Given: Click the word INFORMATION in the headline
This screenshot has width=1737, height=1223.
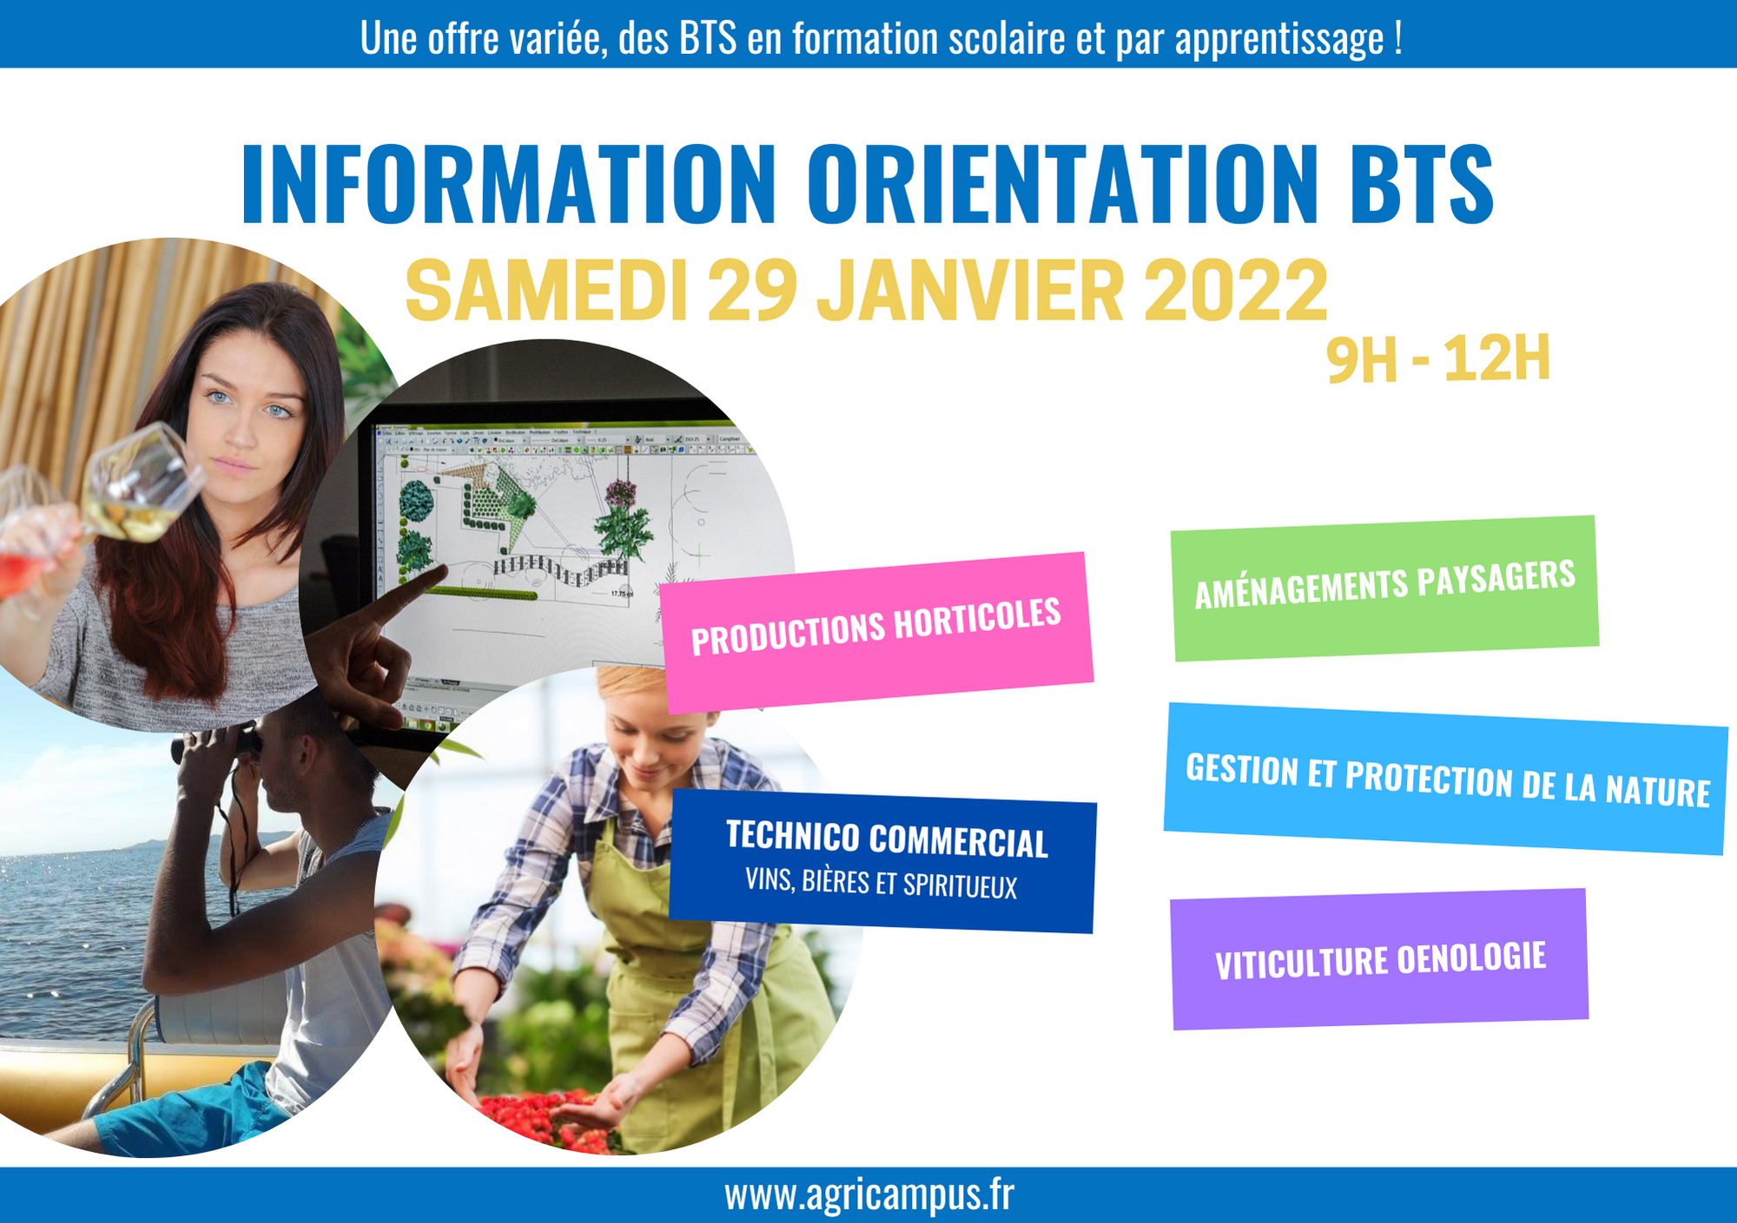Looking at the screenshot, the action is [509, 184].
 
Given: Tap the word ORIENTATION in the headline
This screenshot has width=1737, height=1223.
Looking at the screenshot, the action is [1063, 184].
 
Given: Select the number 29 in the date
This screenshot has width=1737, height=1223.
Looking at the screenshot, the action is [752, 291].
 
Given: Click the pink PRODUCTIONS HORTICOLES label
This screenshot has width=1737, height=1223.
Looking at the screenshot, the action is [876, 632].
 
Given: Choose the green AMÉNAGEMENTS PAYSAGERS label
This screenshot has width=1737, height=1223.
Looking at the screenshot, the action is [1385, 588].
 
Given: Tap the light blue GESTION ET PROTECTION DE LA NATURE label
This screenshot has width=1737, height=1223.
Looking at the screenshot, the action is [1446, 779].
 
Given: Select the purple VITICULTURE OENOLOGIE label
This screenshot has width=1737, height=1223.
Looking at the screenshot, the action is [1380, 959].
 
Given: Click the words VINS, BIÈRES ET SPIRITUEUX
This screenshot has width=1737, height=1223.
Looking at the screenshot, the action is [881, 884].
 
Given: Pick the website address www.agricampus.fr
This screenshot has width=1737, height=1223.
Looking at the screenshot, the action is [868, 1195].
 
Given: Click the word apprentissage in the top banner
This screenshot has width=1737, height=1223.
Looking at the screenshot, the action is [1279, 39].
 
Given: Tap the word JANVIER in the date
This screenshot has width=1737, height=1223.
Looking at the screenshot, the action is [971, 291].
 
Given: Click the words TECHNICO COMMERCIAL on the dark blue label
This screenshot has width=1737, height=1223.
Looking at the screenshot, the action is [887, 839].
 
